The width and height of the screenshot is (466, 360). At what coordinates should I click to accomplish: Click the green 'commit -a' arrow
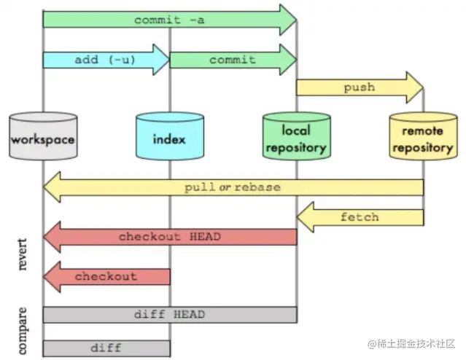coord(170,20)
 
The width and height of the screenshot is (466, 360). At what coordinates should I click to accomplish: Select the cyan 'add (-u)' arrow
coord(106,60)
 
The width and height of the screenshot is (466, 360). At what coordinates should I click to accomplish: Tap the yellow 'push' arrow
coord(360,87)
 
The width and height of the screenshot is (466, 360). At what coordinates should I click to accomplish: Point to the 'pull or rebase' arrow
coord(233,187)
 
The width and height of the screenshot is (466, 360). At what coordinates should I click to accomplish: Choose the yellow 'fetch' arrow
coord(360,217)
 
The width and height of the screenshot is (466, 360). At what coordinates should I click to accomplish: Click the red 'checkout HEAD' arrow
coord(170,237)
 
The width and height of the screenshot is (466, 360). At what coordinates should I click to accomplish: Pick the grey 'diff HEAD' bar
coord(170,315)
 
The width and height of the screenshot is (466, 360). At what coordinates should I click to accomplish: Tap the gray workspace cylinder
coord(43,136)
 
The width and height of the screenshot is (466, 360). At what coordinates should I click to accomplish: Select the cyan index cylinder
coord(170,136)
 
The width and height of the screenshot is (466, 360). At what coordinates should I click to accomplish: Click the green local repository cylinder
coord(297,136)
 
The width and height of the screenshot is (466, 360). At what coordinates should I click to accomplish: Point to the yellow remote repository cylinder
coord(423,136)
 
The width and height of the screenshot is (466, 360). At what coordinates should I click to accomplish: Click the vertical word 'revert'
coord(23,254)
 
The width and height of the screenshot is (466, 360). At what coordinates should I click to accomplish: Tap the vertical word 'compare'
coord(23,331)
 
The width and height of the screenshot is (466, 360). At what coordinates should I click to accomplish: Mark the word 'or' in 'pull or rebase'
coord(225,187)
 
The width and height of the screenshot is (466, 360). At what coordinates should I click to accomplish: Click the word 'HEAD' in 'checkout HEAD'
coord(205,237)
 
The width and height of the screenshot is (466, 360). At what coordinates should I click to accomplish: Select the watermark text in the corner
coord(411,344)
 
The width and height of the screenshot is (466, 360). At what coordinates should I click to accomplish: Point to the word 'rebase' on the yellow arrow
coord(257,187)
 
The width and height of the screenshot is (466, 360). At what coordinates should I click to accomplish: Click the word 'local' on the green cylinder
coord(296,130)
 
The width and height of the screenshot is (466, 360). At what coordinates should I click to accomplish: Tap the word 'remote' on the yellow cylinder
coord(422,130)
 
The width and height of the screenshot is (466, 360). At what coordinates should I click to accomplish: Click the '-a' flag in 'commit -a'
coord(197,20)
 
